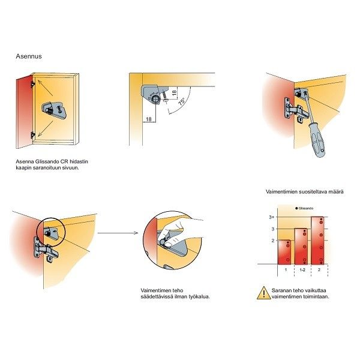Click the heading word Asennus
pos(29,56)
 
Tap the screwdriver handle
pos(317,140)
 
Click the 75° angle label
pos(182,101)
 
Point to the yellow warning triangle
pos(264,293)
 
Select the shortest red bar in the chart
pos(284,252)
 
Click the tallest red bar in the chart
pos(317,241)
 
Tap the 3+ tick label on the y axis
pos(272,217)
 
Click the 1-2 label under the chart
pos(302,270)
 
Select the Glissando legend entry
pos(304,208)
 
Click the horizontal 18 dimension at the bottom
pos(149,119)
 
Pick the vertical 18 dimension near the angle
pos(174,93)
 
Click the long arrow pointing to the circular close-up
pos(118,233)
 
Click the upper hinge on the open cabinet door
pos(33,84)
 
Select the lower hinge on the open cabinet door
pos(33,135)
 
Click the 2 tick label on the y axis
pos(273,241)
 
